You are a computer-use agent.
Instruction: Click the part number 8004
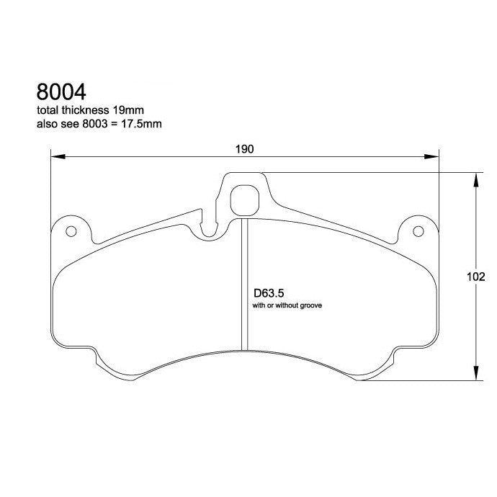click(x=61, y=92)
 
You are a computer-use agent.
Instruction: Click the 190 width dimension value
click(x=245, y=149)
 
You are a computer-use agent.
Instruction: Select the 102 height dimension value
click(x=475, y=277)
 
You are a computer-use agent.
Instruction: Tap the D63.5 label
click(x=266, y=294)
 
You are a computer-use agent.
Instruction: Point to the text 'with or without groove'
click(x=286, y=306)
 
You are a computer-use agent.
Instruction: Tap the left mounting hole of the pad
click(x=71, y=232)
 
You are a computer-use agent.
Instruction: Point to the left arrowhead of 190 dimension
click(x=55, y=156)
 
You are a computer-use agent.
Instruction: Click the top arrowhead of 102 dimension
click(x=475, y=177)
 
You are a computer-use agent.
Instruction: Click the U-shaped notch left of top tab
click(x=210, y=228)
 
